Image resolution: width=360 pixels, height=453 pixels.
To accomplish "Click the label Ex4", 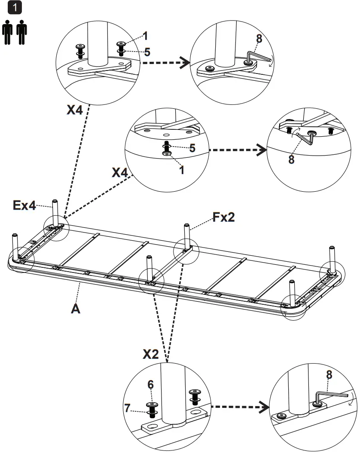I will coord(24,206).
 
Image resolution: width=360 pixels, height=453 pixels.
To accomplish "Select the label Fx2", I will coord(223,218).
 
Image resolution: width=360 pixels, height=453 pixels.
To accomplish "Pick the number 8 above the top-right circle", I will coord(259,39).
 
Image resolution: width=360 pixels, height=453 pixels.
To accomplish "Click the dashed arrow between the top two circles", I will coord(165,64).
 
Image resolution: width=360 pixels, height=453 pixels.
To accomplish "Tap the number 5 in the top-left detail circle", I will coord(147,52).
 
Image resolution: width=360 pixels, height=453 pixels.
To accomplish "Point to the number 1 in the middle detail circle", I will coord(181,169).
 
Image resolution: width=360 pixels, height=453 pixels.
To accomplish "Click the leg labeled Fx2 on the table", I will coord(187,236).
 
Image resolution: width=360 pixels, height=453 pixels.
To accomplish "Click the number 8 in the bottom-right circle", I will coord(329,375).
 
